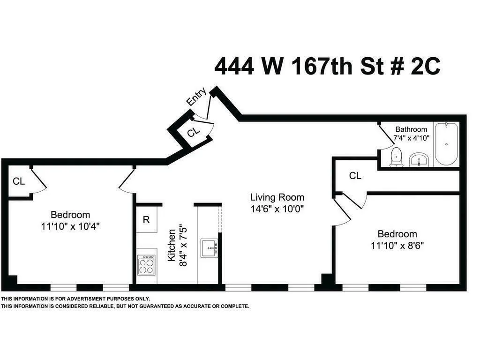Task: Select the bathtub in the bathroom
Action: point(446,144)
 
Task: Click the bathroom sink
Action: point(418,159)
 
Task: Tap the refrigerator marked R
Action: point(146,220)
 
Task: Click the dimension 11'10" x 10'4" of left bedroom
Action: point(70,226)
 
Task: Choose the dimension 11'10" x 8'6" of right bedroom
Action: point(397,245)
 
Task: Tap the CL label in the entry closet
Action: point(193,133)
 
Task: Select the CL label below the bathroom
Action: point(355,176)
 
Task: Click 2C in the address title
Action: point(425,66)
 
